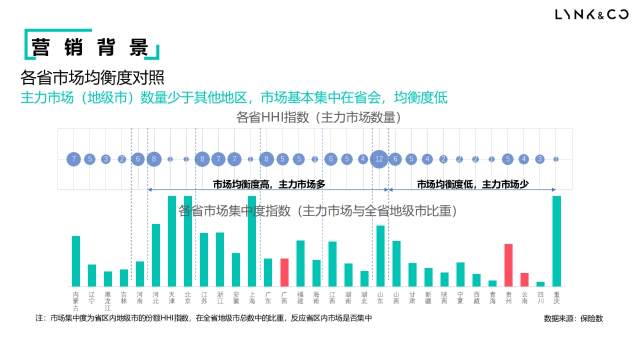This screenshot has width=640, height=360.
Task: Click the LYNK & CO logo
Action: (x=591, y=15)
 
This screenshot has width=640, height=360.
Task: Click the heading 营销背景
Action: (x=90, y=47)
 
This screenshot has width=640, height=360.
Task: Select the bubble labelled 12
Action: (x=379, y=159)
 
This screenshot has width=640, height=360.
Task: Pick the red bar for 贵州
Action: (x=509, y=265)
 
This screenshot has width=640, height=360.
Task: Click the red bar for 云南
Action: (x=525, y=279)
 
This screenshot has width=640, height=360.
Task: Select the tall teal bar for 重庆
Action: (x=557, y=241)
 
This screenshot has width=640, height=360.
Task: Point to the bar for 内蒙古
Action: (x=76, y=261)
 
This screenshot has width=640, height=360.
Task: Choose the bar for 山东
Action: (x=380, y=255)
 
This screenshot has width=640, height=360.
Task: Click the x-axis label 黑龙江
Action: (x=108, y=301)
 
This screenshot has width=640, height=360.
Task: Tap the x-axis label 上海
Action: (x=252, y=298)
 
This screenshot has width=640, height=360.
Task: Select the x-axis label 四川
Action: (x=541, y=298)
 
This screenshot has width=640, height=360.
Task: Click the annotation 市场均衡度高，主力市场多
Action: (x=269, y=184)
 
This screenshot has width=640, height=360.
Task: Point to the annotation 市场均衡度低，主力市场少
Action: (x=473, y=184)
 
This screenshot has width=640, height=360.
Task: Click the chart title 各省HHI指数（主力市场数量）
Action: (x=318, y=117)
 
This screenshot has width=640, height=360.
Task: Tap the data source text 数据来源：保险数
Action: (x=573, y=318)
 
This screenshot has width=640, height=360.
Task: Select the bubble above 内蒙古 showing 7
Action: (x=74, y=159)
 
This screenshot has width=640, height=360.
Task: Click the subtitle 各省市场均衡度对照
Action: (x=92, y=78)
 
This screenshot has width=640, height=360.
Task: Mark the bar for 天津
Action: (x=172, y=241)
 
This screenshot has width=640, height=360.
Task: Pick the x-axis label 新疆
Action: (x=428, y=298)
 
